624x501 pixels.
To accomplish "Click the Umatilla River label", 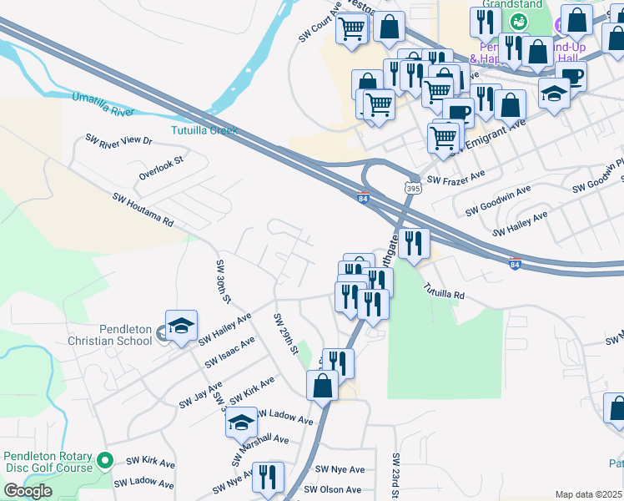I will click(103, 104).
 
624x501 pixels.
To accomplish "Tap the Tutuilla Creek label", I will click(204, 130).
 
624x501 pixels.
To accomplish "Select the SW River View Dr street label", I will click(119, 140).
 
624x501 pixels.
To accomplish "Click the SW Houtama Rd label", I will click(143, 210).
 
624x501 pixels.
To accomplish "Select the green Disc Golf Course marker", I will click(105, 459).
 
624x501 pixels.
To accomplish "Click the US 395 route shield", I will click(413, 189).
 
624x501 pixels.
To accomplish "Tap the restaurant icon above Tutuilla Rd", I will click(414, 244).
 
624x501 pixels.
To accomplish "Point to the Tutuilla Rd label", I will click(443, 291).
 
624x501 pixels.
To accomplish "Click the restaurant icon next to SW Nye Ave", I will click(268, 478).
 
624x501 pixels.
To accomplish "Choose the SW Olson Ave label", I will click(333, 490).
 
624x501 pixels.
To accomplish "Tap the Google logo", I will click(27, 491).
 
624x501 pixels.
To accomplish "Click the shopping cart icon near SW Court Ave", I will click(351, 28).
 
